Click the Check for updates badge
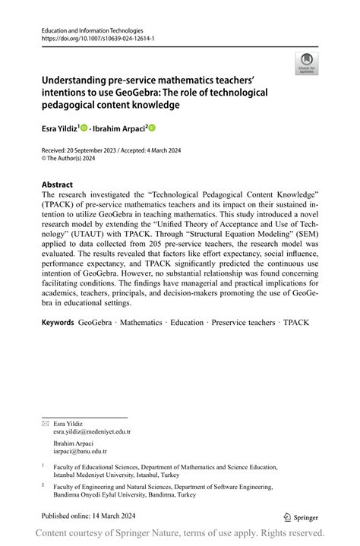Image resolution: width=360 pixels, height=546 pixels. (x=307, y=63)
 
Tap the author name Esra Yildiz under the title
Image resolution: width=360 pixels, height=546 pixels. (x=59, y=128)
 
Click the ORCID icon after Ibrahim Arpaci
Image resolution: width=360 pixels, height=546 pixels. (x=152, y=128)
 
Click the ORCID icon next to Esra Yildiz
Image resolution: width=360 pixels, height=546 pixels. (x=84, y=128)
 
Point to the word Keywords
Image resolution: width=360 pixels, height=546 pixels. (x=58, y=322)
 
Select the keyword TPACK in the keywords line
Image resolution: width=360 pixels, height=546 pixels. (x=295, y=322)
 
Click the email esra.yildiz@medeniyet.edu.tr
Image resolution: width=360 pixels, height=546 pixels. (x=92, y=431)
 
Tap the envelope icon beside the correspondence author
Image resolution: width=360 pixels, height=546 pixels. (x=45, y=423)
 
